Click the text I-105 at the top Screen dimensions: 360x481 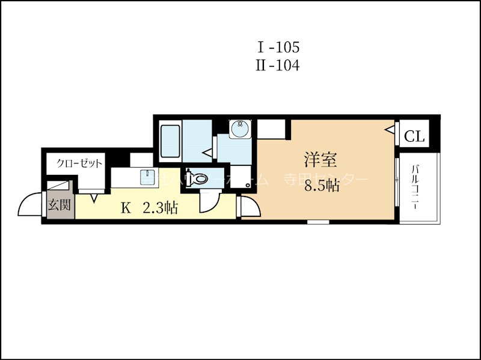(278, 46)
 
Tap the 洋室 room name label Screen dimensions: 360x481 (319, 160)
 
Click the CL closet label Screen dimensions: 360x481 (414, 136)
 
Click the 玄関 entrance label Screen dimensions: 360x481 (58, 204)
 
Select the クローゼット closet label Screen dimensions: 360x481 (79, 163)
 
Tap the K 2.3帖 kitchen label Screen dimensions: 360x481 (149, 209)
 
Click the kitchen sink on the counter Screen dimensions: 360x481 (148, 176)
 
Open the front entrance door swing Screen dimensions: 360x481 (30, 205)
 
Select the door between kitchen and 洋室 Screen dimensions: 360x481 (248, 206)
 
